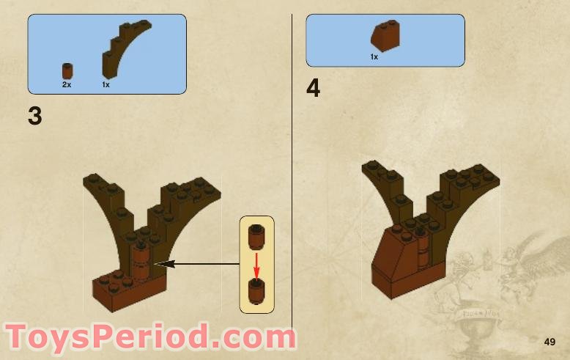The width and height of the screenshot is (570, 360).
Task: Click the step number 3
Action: [x=35, y=116]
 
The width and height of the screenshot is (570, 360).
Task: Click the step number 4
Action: [x=314, y=89]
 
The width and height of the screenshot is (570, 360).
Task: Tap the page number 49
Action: [x=549, y=342]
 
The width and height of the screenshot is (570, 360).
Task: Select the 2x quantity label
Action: [x=67, y=85]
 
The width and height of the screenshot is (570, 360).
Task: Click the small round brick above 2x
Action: [x=67, y=71]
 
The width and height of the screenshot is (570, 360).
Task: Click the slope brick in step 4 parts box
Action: [x=385, y=37]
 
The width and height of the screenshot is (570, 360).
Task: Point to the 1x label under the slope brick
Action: [x=374, y=56]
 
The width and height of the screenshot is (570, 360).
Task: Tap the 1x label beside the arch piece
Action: [x=106, y=85]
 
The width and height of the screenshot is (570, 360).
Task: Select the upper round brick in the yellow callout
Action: [x=256, y=236]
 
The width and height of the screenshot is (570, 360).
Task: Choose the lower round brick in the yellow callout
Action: [x=256, y=291]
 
